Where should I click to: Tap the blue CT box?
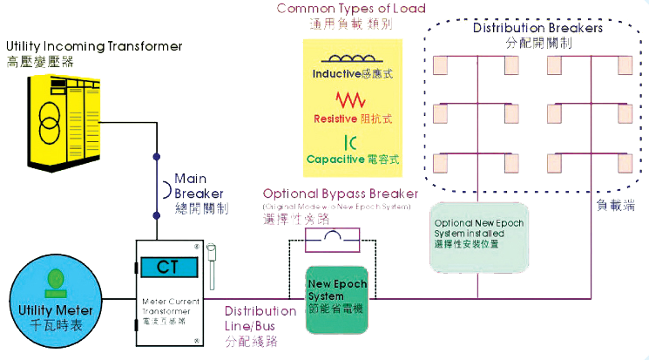169,267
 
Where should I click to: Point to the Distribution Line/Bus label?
260,318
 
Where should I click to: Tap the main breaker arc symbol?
158,189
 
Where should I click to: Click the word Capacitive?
334,160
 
